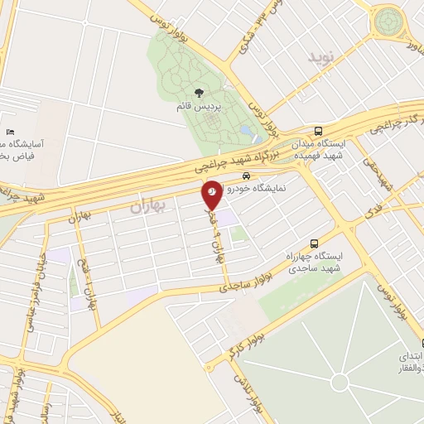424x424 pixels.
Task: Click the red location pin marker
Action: [x=212, y=194]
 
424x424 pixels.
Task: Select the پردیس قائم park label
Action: [x=197, y=107]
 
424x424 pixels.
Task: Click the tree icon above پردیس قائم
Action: [x=197, y=93]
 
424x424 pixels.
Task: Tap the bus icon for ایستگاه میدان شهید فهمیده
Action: [x=319, y=131]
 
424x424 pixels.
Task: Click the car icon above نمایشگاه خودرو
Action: [x=246, y=176]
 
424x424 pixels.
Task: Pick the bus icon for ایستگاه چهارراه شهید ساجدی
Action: [x=313, y=243]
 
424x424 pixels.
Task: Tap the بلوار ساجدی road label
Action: [x=239, y=286]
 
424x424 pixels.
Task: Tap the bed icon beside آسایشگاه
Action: [x=10, y=132]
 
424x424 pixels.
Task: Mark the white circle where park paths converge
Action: [x=339, y=382]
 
